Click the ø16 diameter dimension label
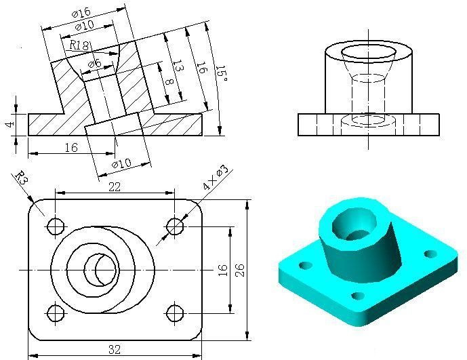click(81, 14)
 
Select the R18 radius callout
click(80, 45)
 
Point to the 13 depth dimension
click(177, 66)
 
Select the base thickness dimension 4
click(8, 124)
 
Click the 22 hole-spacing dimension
click(115, 187)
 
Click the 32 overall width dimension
click(115, 350)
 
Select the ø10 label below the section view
click(121, 164)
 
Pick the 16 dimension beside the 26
click(222, 269)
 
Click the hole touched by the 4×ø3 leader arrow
click(176, 226)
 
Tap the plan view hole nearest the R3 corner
click(55, 226)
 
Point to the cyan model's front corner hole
click(354, 296)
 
